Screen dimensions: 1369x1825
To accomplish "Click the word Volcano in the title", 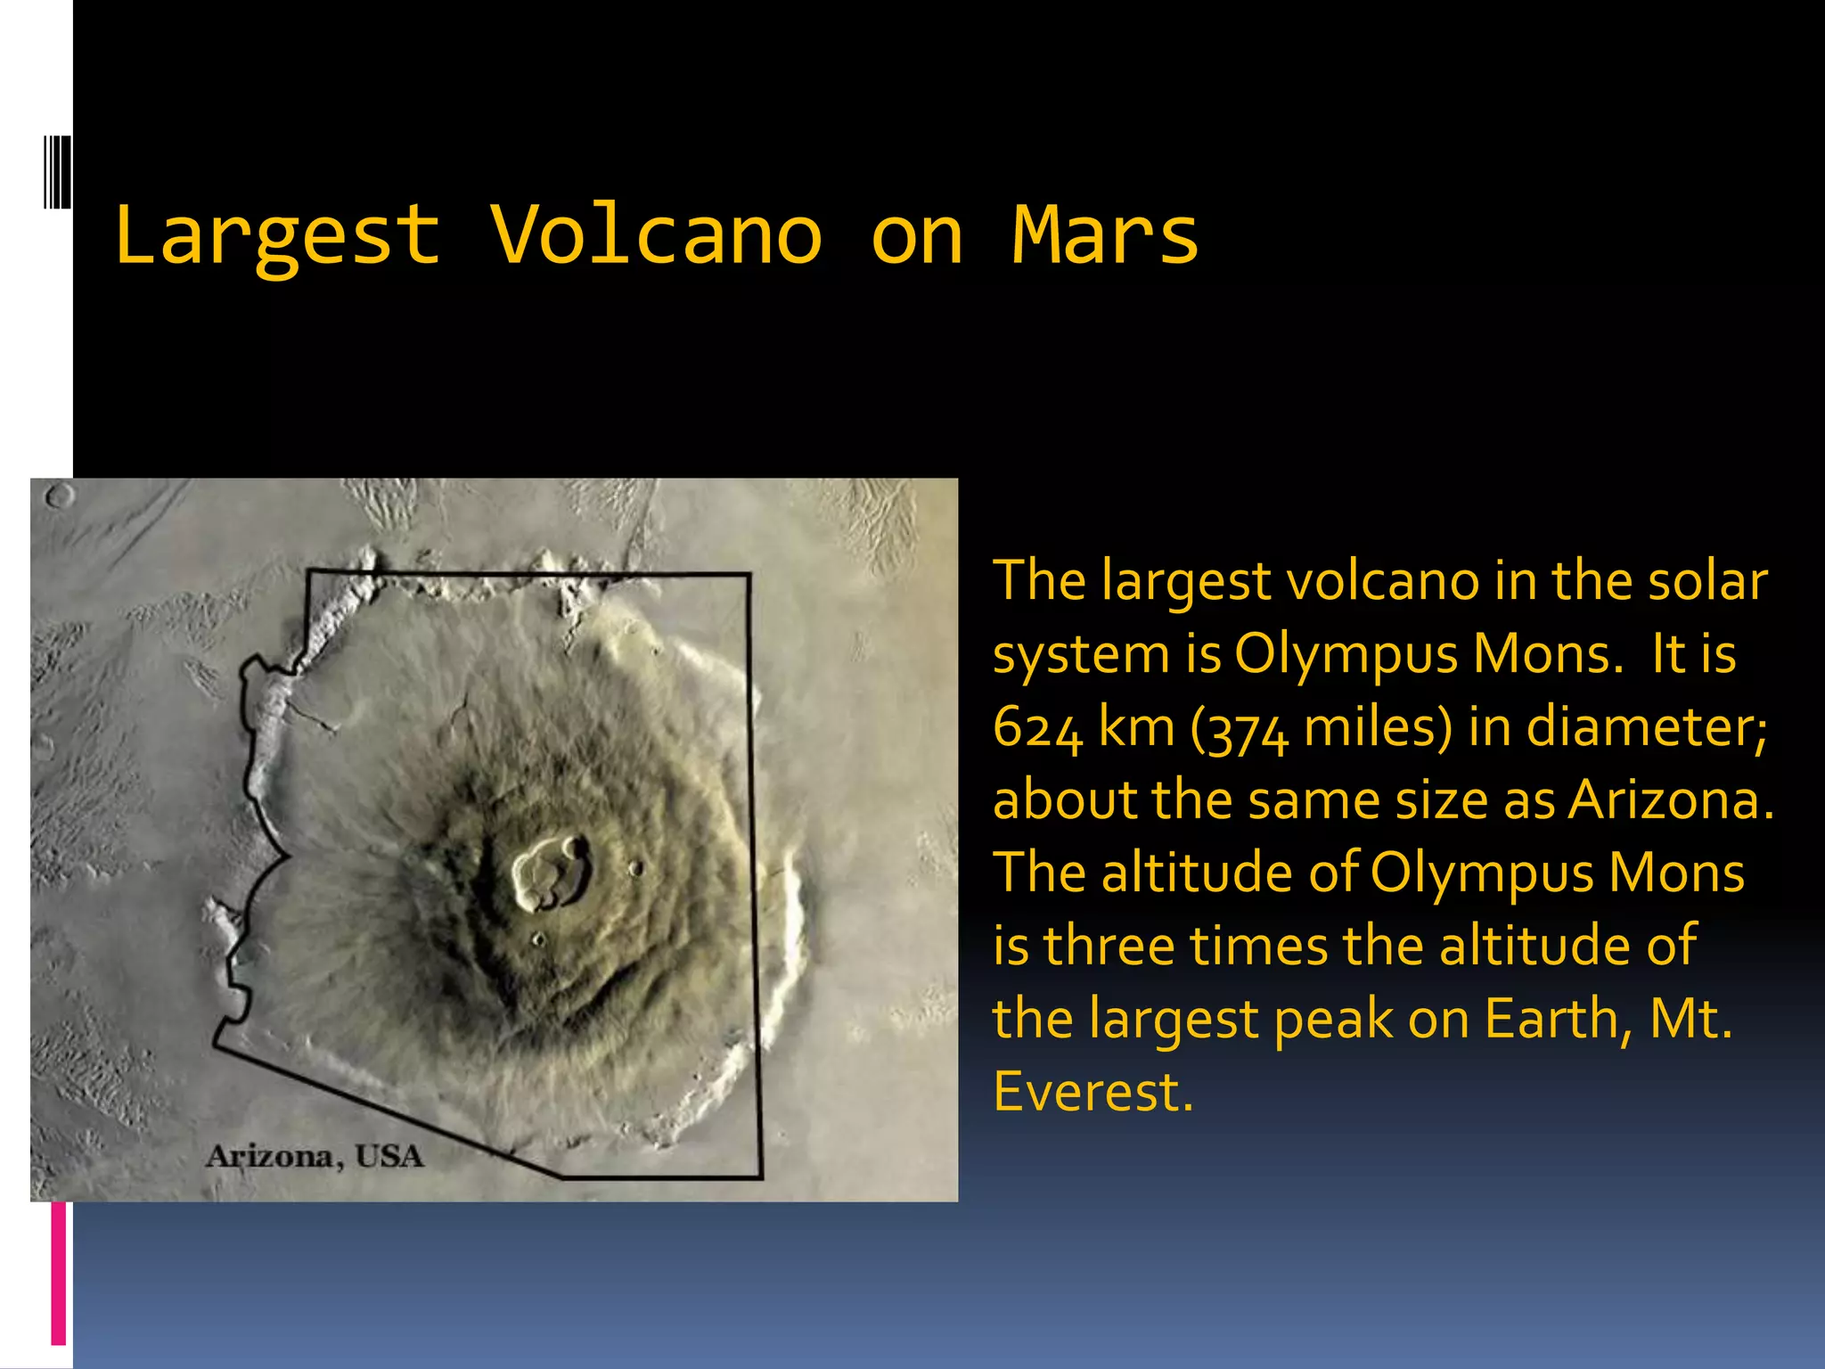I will (656, 236).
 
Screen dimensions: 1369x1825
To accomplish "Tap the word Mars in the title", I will (1105, 236).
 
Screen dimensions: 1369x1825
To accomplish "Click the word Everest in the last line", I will (1091, 1092).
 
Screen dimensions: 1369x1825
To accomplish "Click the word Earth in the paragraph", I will (1558, 1019).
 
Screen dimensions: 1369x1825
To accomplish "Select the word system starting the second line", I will (1080, 656).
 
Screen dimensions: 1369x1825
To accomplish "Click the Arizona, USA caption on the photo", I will (315, 1157).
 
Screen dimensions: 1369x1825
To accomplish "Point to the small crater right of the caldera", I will (635, 867).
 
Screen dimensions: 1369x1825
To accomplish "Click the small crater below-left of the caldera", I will (537, 939).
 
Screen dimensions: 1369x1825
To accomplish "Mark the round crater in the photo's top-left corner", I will (59, 496).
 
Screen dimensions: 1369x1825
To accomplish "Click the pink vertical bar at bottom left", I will (58, 1273).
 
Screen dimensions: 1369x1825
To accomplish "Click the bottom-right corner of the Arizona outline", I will (761, 1177).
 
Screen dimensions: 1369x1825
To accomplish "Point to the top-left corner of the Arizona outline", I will (308, 571).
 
